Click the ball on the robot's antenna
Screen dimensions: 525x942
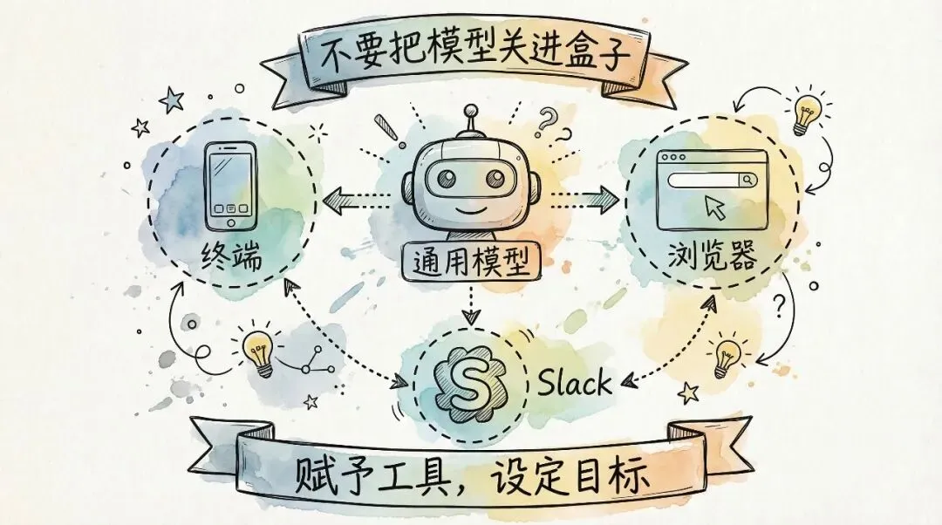coord(472,112)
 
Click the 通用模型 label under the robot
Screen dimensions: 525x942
coord(472,259)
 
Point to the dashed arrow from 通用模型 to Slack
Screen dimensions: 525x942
coord(472,306)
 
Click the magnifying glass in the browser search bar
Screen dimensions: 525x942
coord(747,181)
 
